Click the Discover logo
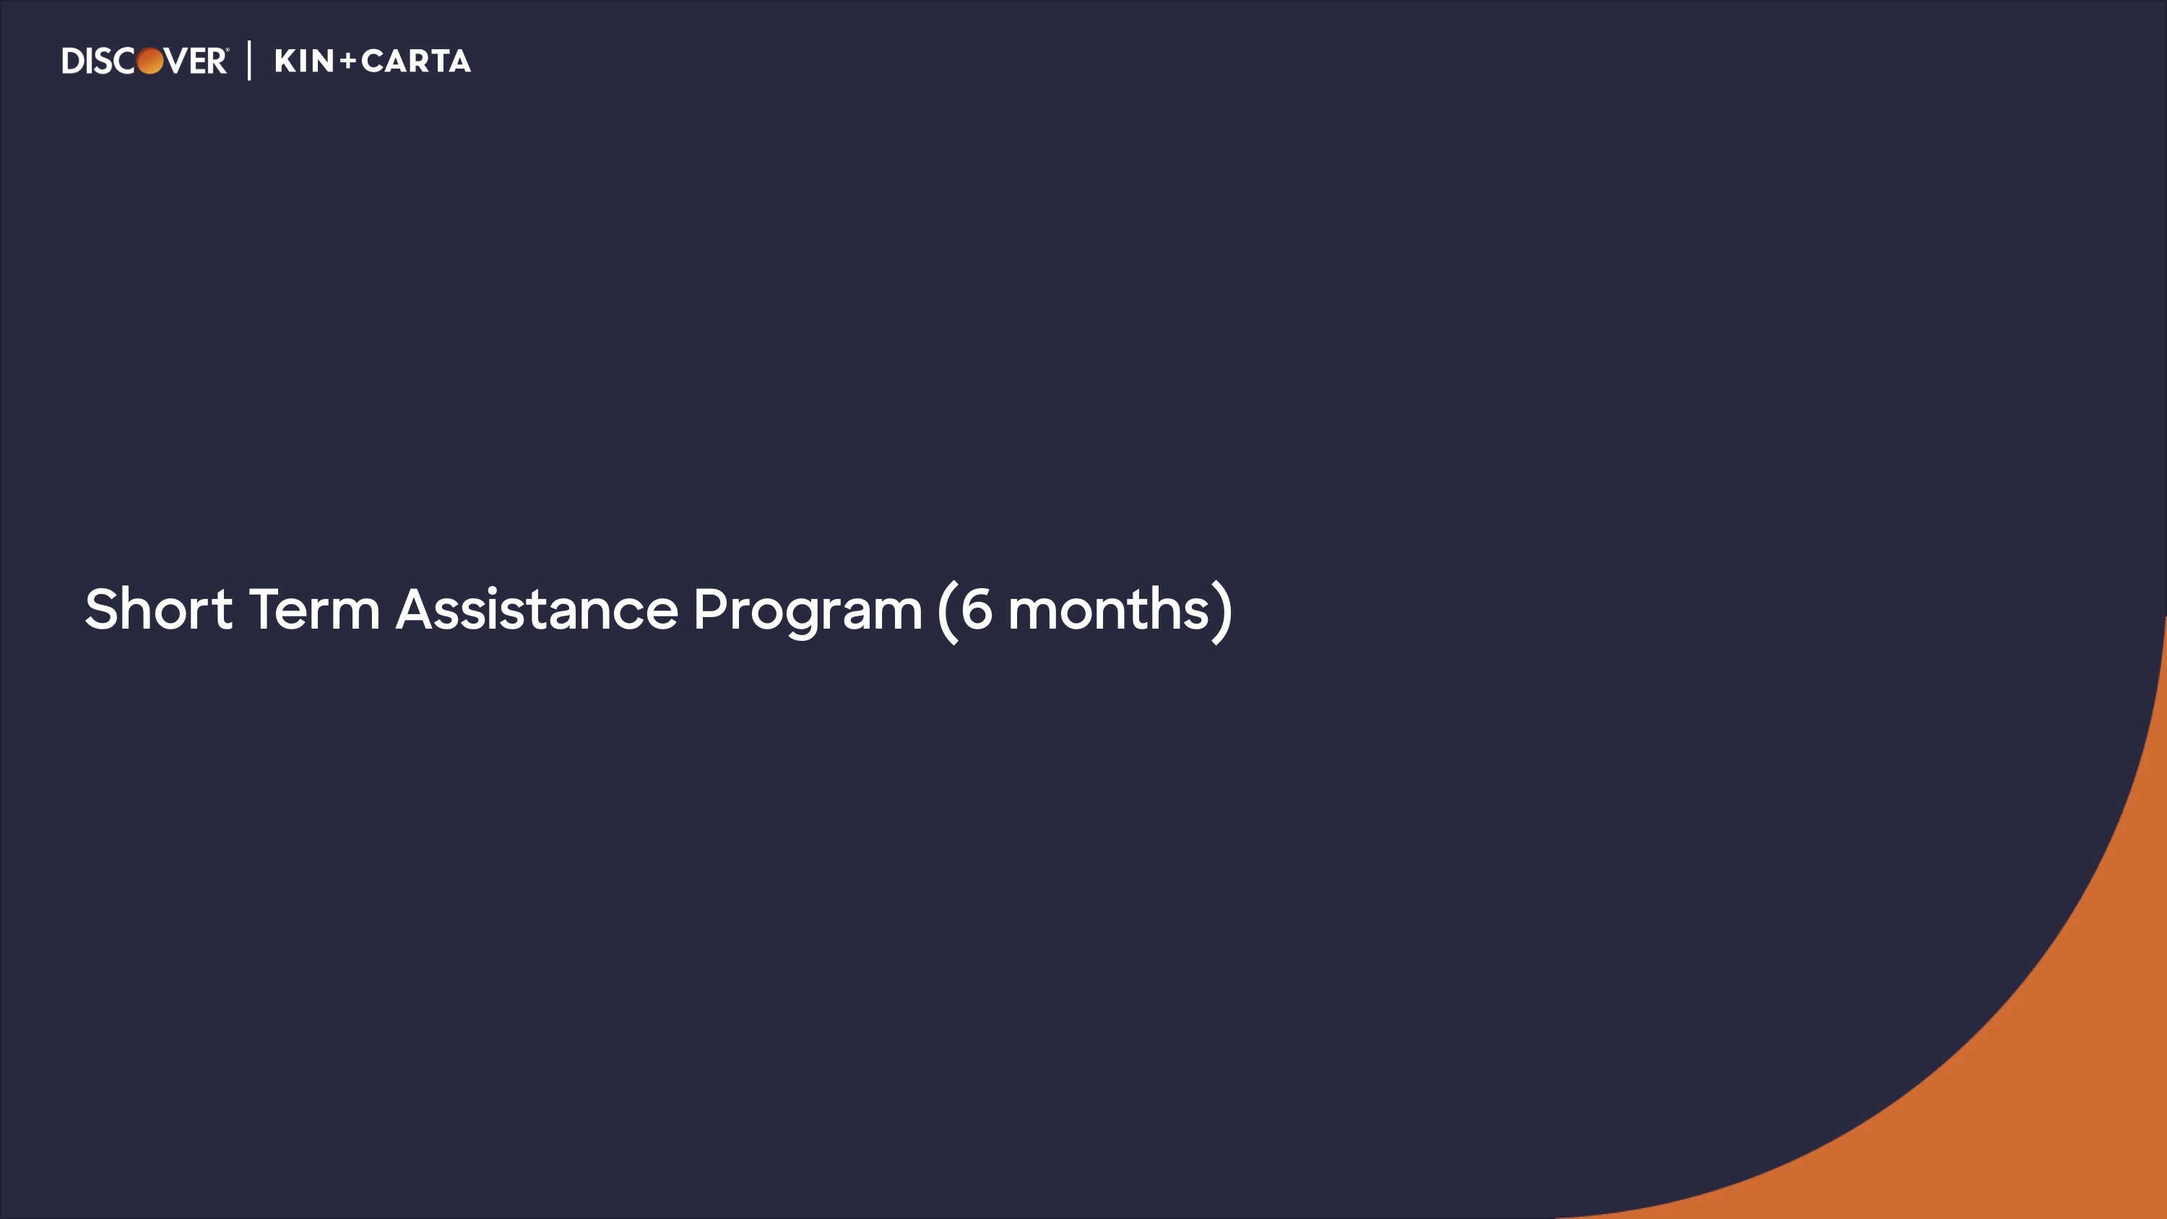coord(144,61)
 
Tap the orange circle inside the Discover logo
coord(150,61)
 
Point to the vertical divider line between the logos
coord(250,61)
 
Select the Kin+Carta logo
coord(373,61)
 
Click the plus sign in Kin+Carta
coord(348,61)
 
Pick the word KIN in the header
coord(305,61)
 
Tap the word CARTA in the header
coord(416,61)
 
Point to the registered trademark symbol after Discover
coord(226,51)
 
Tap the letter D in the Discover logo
coord(73,61)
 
